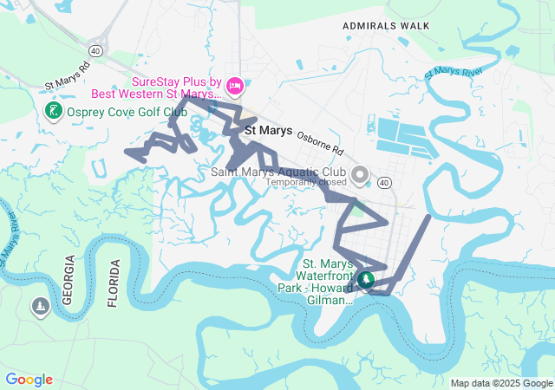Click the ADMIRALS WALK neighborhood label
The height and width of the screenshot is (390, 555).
tap(386, 26)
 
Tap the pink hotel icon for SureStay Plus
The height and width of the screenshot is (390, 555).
tap(234, 85)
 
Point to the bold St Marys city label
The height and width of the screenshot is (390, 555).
tap(269, 130)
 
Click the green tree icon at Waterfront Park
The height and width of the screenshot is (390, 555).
tap(366, 279)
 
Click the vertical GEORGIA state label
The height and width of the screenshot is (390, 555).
tap(69, 279)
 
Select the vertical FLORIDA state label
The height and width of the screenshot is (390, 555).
tap(113, 283)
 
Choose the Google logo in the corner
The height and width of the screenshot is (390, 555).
tap(29, 380)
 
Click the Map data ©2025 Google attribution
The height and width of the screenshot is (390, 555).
tap(500, 383)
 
